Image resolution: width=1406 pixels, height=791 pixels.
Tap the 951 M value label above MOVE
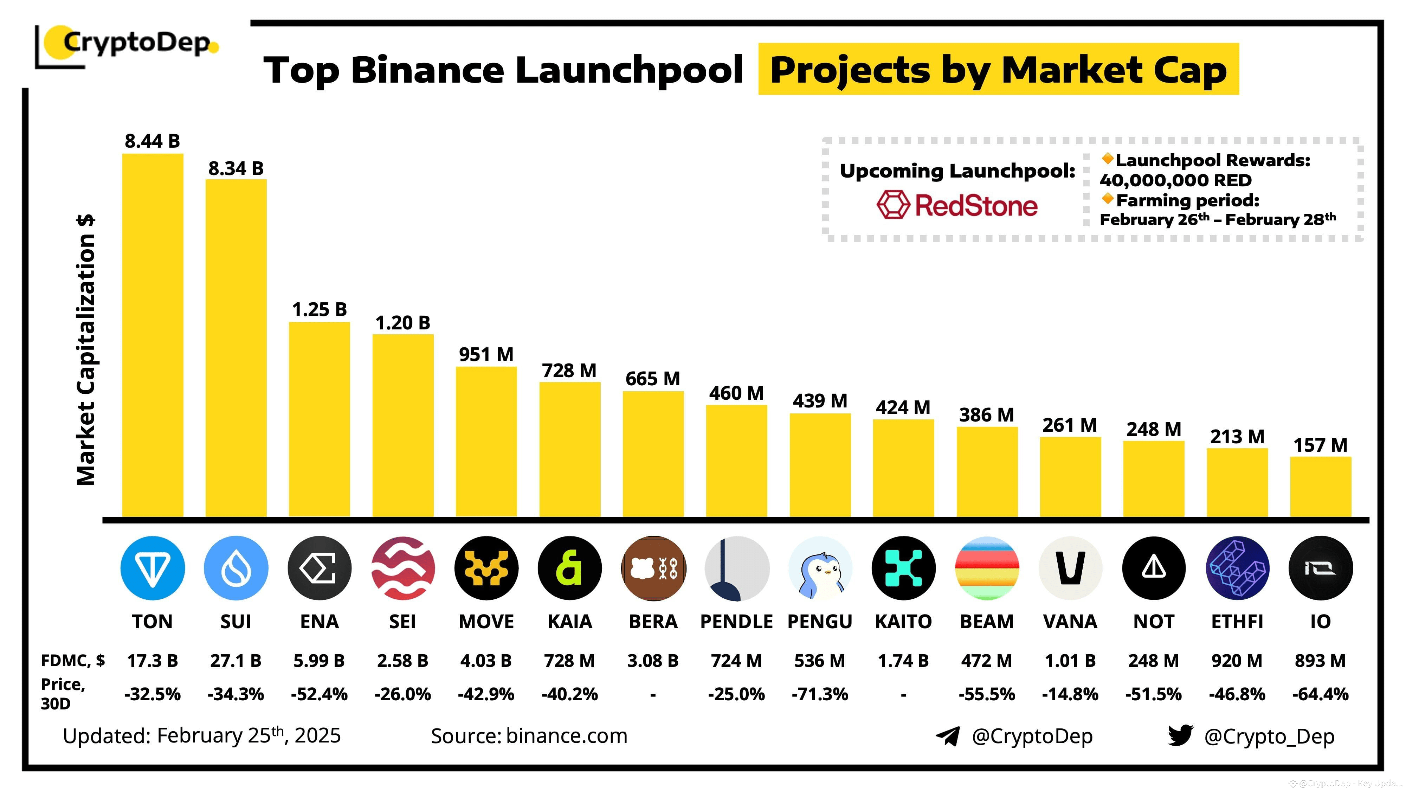[486, 355]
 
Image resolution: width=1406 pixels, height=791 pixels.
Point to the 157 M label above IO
[1320, 445]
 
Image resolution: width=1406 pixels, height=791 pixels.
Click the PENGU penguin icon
[820, 568]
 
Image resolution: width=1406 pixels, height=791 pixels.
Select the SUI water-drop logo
[236, 568]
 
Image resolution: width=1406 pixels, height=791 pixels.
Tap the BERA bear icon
[653, 568]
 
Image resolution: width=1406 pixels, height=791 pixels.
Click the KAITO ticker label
[903, 621]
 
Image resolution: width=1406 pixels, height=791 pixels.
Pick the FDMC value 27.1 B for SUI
[236, 661]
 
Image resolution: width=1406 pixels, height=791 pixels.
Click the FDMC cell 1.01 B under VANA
[1070, 661]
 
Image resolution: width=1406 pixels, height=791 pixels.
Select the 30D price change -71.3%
[820, 694]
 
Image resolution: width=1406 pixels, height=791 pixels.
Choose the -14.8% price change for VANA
[1070, 694]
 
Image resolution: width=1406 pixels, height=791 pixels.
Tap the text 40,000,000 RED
[1175, 180]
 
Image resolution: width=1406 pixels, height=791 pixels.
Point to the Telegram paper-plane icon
[948, 736]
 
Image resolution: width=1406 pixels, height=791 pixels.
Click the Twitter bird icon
[1180, 735]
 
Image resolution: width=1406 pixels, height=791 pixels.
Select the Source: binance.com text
[529, 736]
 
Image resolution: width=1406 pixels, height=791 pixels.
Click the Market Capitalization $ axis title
[86, 349]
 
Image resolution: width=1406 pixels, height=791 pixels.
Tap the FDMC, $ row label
[73, 661]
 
